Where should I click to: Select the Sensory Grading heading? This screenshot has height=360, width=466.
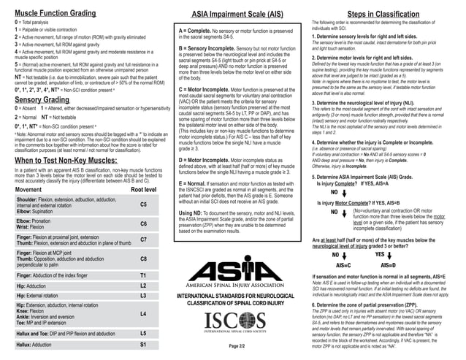click(42, 99)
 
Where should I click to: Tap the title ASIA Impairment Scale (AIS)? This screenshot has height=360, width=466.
click(233, 14)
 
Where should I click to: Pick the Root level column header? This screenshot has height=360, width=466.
click(143, 189)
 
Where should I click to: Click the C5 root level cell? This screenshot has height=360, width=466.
click(144, 205)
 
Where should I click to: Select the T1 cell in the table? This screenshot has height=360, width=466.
click(144, 275)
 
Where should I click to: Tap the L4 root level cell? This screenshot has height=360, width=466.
click(144, 313)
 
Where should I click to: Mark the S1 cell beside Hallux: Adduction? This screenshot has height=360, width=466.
click(144, 344)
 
